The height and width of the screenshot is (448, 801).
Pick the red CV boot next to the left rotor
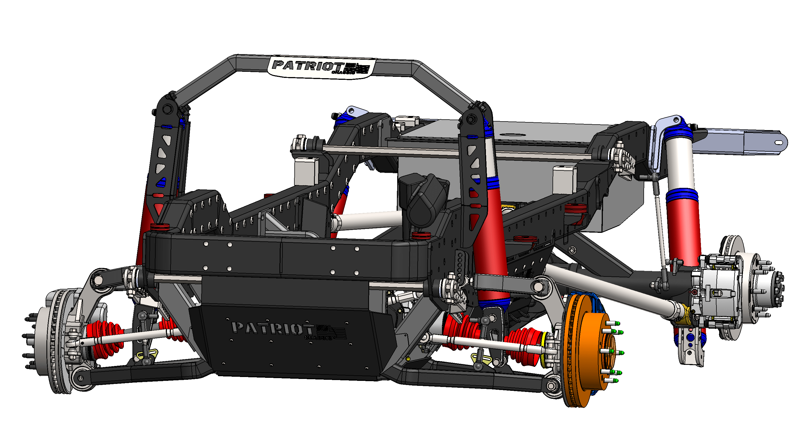[x=104, y=339]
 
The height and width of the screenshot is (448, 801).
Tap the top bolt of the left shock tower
[x=167, y=109]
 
